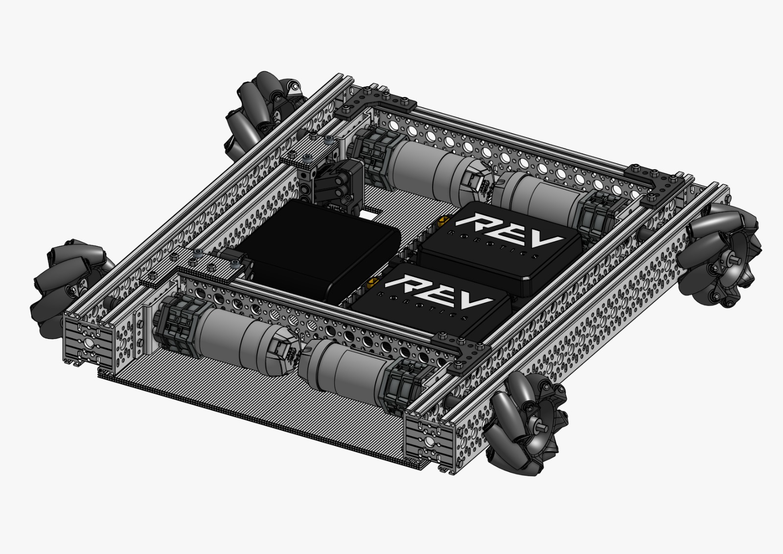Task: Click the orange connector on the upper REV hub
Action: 444,221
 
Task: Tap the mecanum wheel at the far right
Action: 724,255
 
